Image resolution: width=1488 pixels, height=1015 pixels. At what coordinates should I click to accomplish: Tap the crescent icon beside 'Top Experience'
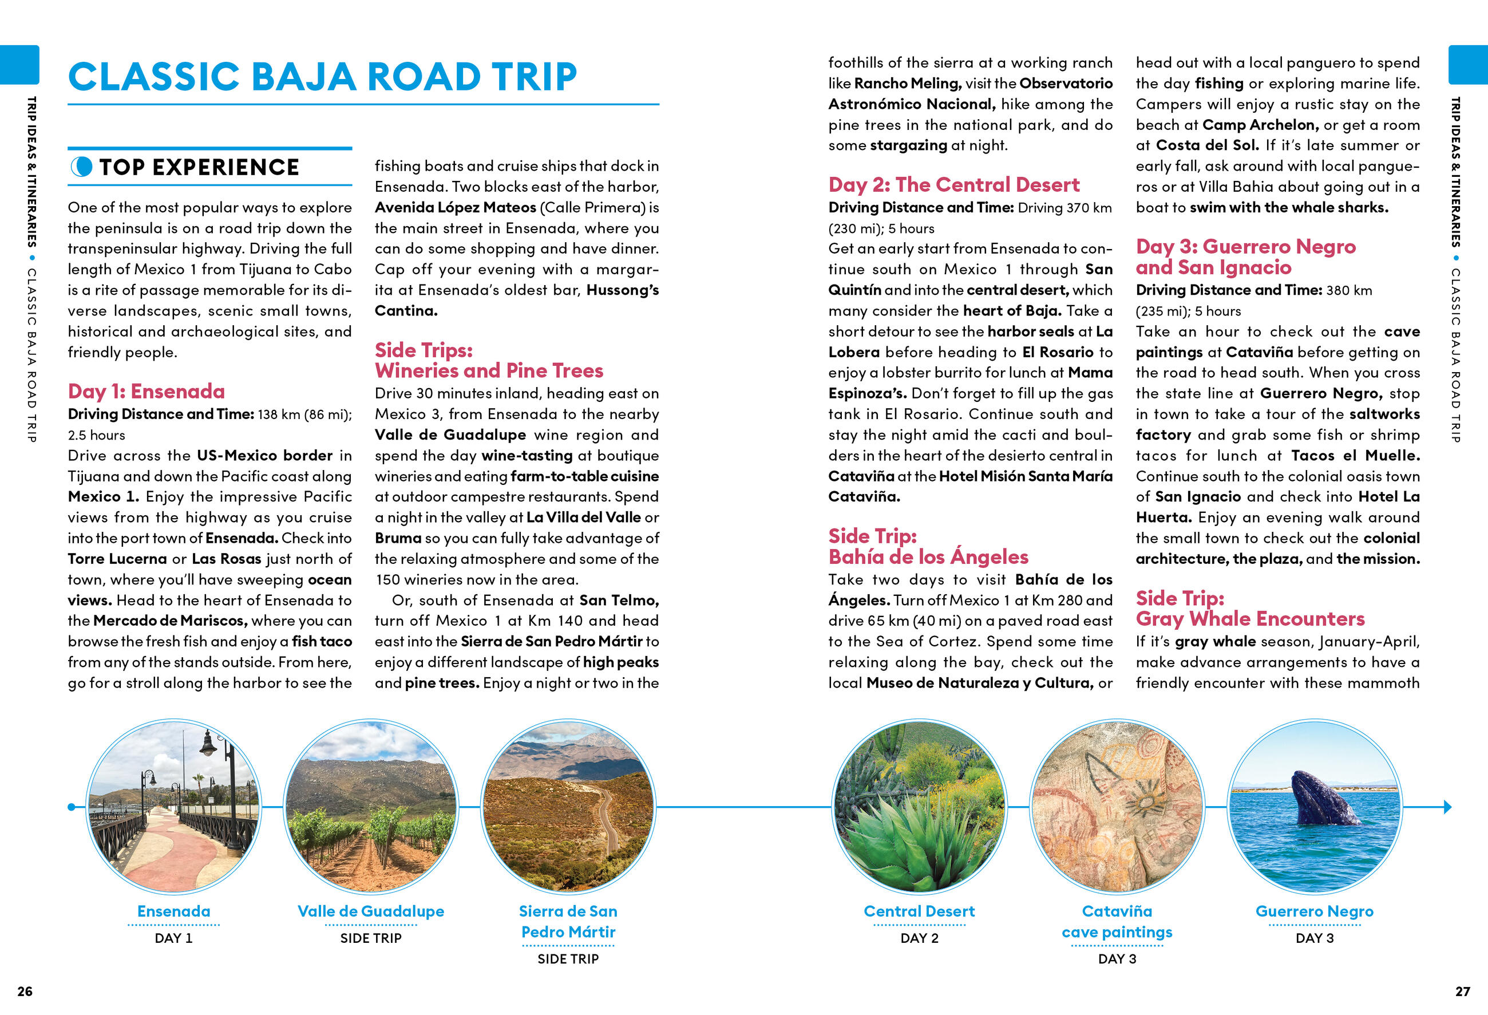pos(81,167)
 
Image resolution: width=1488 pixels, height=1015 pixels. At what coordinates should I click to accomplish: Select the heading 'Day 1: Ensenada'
pos(146,391)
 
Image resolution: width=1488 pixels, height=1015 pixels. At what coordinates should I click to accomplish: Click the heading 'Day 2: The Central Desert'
pos(953,184)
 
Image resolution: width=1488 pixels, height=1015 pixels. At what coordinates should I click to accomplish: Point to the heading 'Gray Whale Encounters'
pos(1250,619)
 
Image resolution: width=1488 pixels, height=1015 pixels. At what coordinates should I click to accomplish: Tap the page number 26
pos(25,992)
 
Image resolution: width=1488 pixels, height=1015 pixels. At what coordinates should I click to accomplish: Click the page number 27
pos(1462,992)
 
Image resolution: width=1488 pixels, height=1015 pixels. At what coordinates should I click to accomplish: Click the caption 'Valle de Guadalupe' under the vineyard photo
pos(371,911)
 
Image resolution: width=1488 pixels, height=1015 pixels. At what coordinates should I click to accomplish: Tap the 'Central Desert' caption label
pos(919,911)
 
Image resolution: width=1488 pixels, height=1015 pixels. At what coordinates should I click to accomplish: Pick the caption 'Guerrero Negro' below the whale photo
pos(1314,911)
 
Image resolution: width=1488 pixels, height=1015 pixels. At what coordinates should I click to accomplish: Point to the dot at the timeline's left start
pos(71,807)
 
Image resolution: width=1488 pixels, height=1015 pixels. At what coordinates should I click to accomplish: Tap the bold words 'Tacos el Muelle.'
pos(1355,455)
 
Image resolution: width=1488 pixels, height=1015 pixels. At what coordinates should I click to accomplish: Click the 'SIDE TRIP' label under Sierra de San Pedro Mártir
pos(568,959)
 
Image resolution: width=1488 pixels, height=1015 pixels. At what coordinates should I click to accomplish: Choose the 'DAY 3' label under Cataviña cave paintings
pos(1117,959)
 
